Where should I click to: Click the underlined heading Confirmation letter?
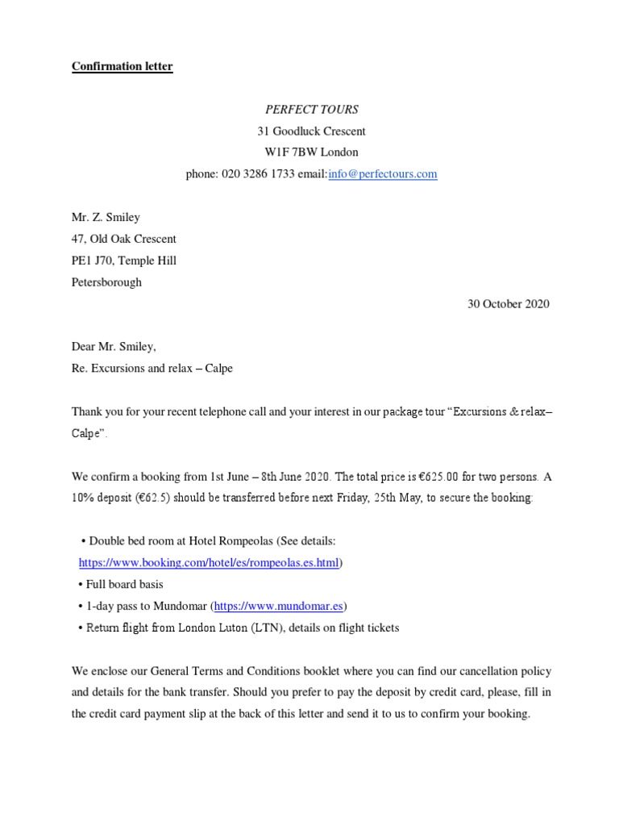122,67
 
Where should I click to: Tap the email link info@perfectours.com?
383,173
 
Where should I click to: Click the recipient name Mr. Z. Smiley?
106,217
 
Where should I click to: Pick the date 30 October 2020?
509,304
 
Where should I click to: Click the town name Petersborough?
106,282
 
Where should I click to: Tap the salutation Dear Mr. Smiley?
114,347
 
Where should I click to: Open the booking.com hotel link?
209,563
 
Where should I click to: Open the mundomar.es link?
280,606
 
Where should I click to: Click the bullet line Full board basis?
124,584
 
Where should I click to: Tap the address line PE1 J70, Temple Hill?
124,261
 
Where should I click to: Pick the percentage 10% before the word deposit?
82,498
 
